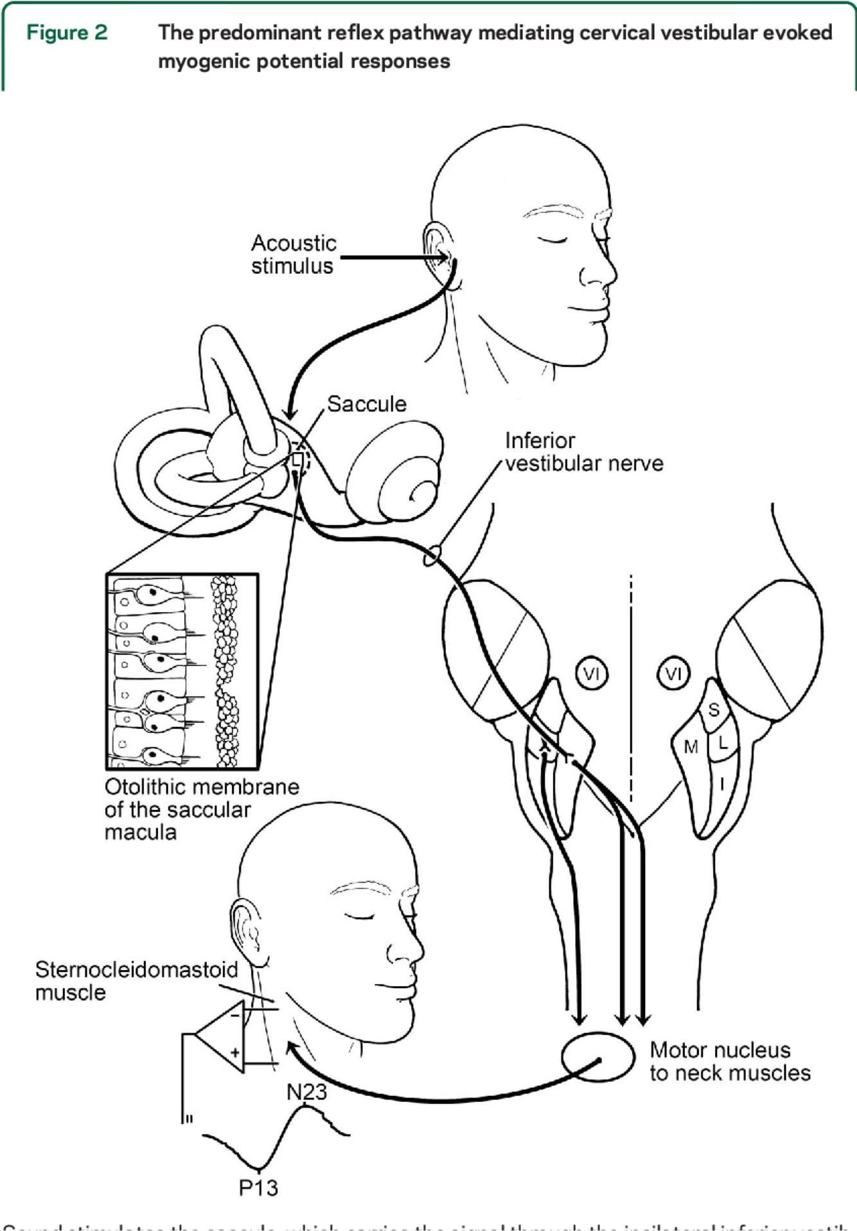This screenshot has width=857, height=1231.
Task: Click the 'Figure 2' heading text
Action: tap(67, 33)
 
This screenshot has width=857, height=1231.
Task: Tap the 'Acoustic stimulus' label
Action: tap(293, 255)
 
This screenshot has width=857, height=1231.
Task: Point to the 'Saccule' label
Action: tap(367, 404)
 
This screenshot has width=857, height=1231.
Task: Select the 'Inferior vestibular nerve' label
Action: tap(583, 452)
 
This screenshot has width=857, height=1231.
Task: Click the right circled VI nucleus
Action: tap(673, 674)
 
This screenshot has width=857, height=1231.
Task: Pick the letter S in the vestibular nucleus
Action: tap(714, 710)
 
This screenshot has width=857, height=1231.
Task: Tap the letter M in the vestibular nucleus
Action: tap(691, 747)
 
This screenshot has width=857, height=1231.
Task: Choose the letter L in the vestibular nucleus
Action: tap(723, 744)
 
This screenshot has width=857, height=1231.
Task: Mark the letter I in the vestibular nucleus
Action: tap(722, 784)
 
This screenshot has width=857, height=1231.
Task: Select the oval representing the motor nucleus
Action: tap(597, 1057)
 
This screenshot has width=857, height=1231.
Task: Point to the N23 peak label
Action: tap(306, 1092)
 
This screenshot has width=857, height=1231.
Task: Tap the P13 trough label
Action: tap(258, 1187)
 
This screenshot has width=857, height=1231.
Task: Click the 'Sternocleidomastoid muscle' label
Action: tap(136, 980)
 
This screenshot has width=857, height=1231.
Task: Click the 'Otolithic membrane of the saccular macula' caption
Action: tap(201, 809)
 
